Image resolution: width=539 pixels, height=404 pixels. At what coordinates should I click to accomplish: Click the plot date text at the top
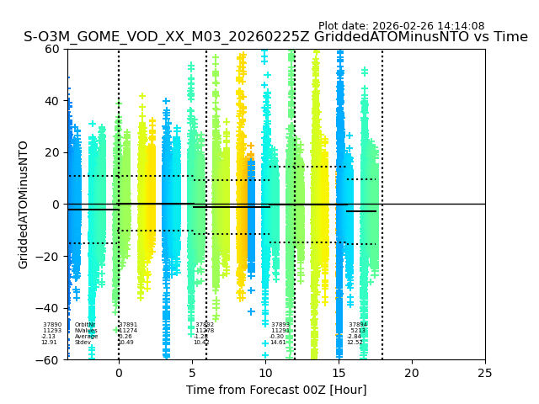401,26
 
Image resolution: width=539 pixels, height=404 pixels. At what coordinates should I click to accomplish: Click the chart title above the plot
275,37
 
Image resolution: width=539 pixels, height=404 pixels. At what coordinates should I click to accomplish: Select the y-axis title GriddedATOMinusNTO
24,205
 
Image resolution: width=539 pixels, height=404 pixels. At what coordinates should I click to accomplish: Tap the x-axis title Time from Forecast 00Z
276,390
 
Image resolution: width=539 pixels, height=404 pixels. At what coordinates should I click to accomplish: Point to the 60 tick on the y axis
53,49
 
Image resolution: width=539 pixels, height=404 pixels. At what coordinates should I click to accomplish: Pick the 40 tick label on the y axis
53,101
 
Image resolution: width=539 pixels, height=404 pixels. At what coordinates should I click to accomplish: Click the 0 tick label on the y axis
56,205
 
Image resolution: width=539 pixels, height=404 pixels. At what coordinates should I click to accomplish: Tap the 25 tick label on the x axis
485,373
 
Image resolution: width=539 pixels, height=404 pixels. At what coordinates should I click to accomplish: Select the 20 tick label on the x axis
412,373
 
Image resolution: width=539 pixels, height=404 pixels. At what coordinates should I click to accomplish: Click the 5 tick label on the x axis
192,373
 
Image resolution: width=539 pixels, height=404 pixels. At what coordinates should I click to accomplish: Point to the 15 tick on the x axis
339,373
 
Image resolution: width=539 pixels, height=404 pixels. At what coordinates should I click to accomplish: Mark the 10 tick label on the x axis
265,373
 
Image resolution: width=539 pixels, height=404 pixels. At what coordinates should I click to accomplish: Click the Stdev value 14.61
278,343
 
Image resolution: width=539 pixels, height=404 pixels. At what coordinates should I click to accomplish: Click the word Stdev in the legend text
83,343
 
